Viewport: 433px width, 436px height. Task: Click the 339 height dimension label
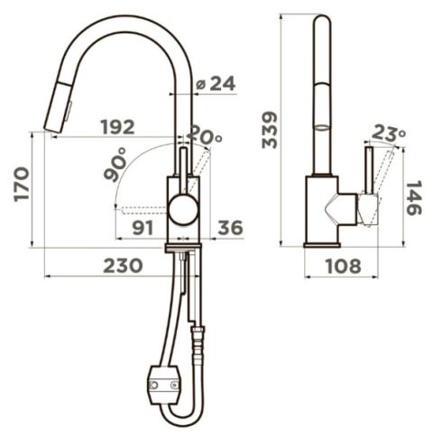(270, 130)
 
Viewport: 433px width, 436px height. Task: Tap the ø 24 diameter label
(216, 83)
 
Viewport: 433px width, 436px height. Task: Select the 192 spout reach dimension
(117, 127)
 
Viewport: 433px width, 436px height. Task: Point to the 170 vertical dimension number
(22, 184)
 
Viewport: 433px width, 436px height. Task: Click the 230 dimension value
(123, 266)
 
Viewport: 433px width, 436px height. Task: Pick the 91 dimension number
(143, 228)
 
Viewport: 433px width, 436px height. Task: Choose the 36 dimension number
(230, 227)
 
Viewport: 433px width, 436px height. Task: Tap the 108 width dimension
(343, 266)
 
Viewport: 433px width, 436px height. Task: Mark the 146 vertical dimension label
(414, 197)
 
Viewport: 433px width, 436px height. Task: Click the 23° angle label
(389, 133)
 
